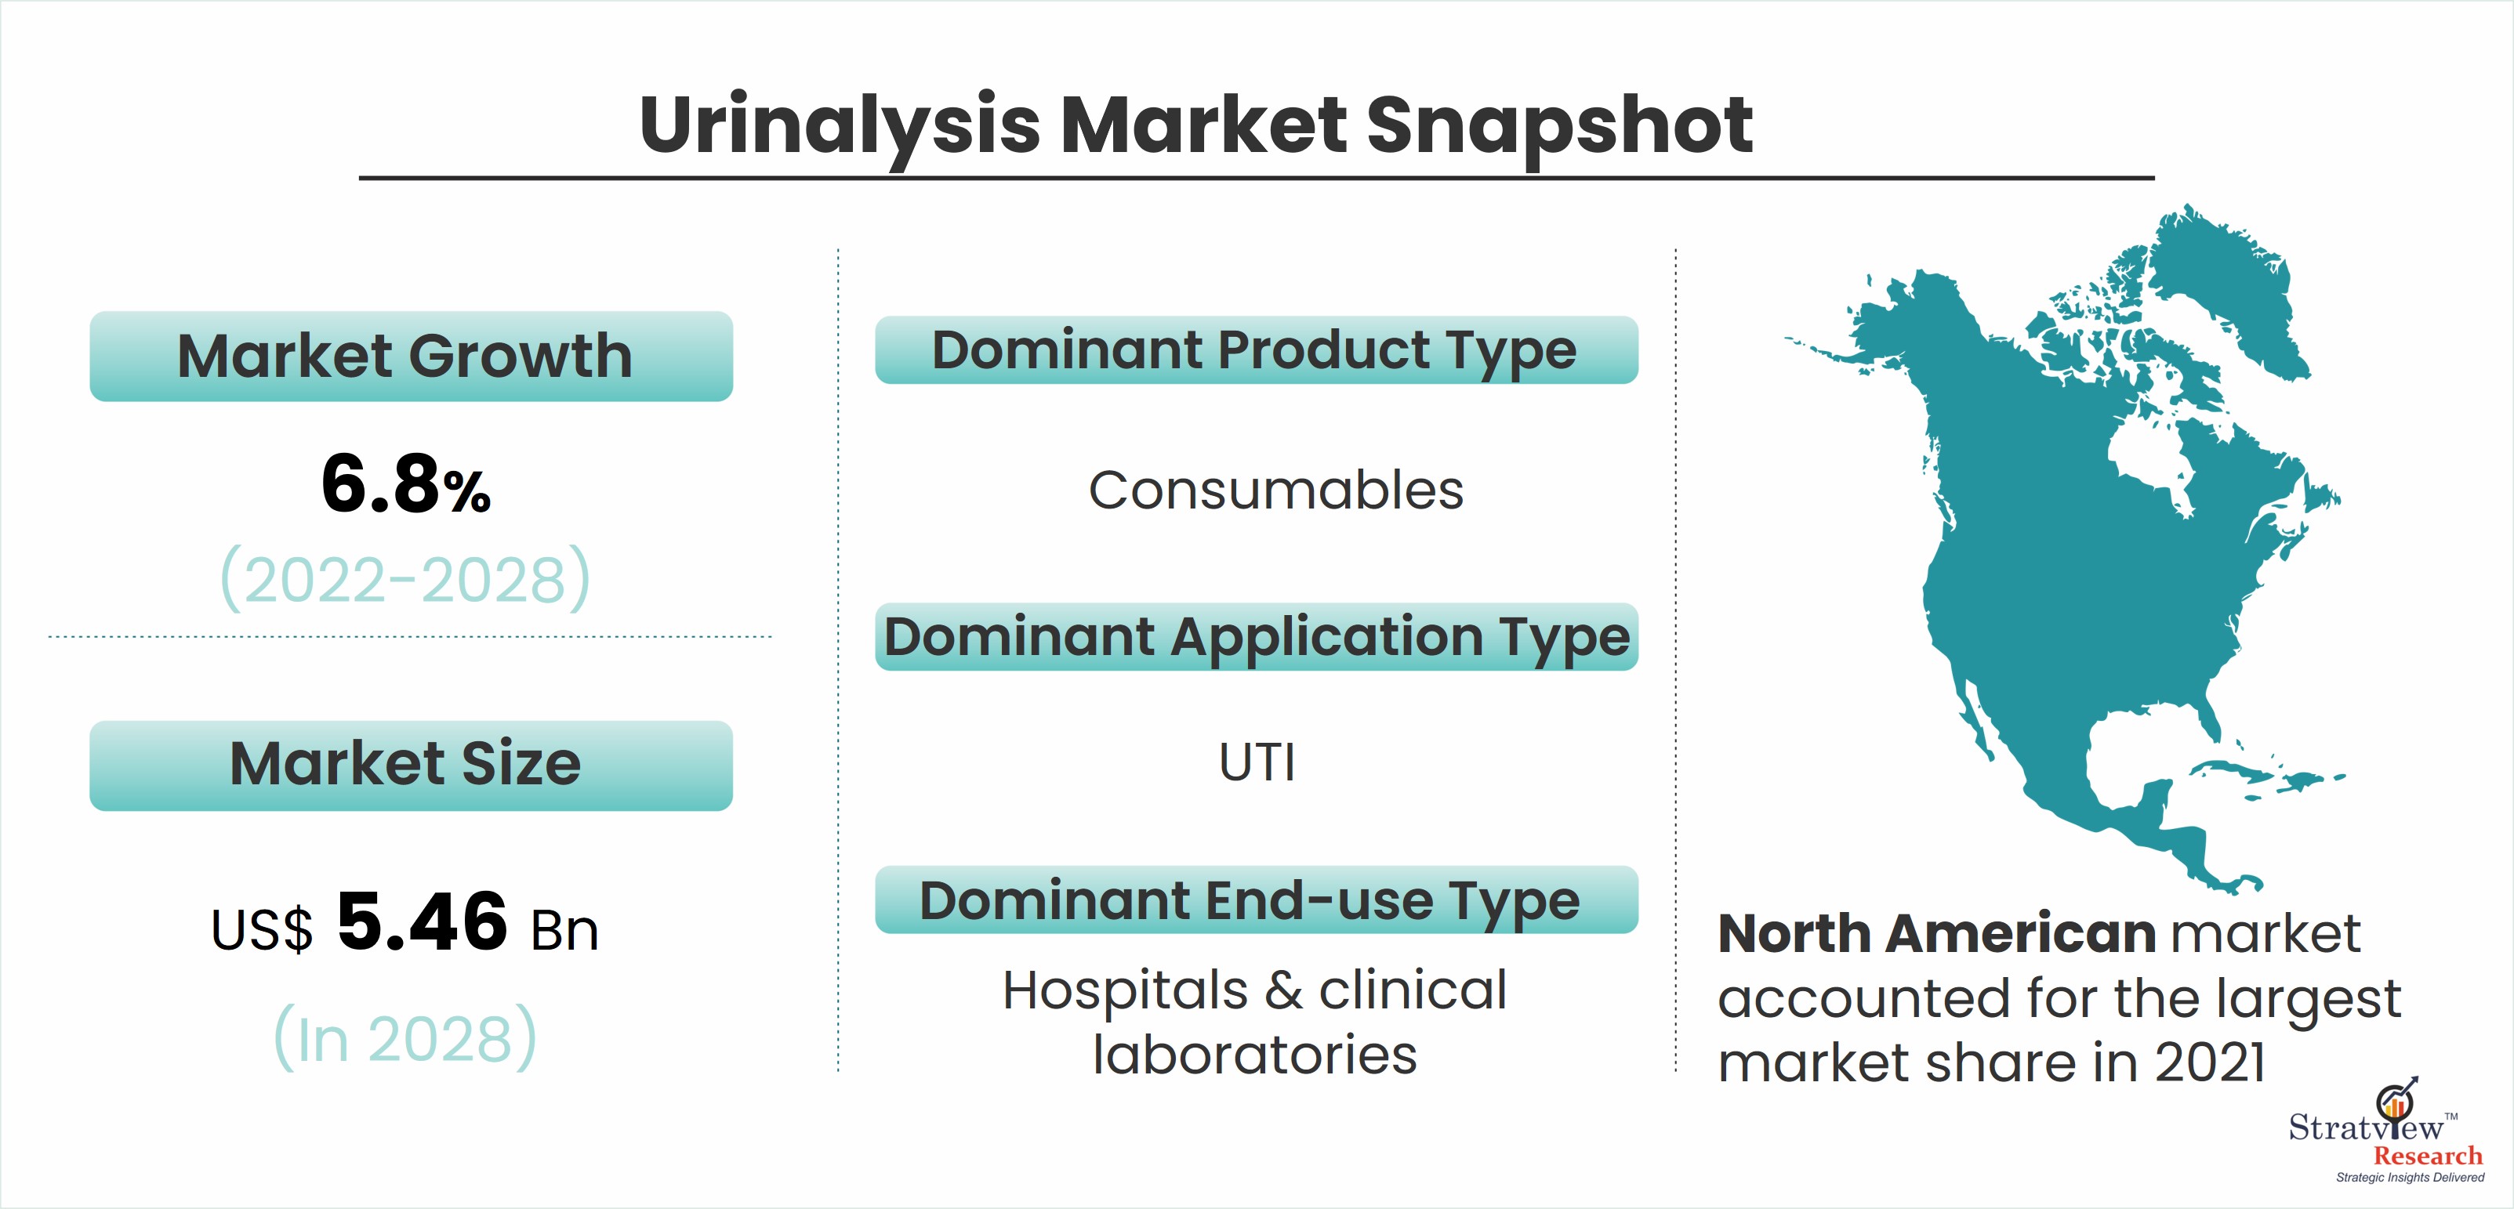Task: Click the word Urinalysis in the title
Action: pyautogui.click(x=840, y=126)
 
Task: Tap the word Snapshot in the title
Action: pyautogui.click(x=1558, y=126)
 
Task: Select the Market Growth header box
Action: pyautogui.click(x=411, y=357)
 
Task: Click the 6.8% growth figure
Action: pyautogui.click(x=406, y=484)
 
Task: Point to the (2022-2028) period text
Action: pyautogui.click(x=406, y=578)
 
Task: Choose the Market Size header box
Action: pyautogui.click(x=411, y=765)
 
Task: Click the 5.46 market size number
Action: pyautogui.click(x=422, y=922)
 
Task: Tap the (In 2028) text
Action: pyautogui.click(x=405, y=1037)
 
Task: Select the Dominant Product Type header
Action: pyautogui.click(x=1256, y=349)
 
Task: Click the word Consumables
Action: pyautogui.click(x=1275, y=490)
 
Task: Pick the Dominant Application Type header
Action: pyautogui.click(x=1256, y=636)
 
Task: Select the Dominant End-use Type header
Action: pyautogui.click(x=1256, y=900)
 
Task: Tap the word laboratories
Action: pyautogui.click(x=1254, y=1055)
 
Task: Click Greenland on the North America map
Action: pyautogui.click(x=2225, y=293)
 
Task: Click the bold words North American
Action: pyautogui.click(x=1936, y=934)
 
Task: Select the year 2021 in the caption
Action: pyautogui.click(x=2208, y=1062)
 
